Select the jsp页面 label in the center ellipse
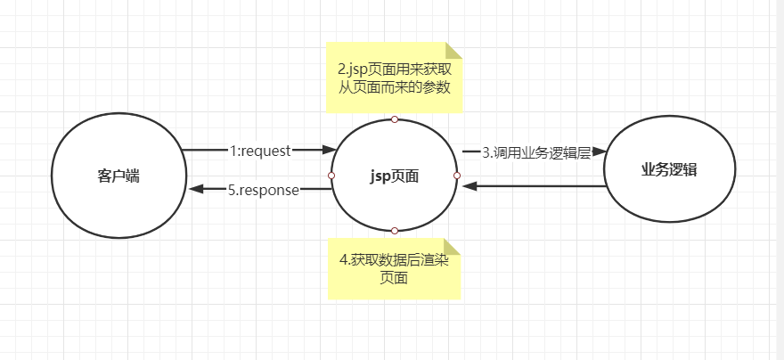394,176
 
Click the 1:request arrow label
260,151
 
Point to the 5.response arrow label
263,189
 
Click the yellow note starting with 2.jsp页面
395,78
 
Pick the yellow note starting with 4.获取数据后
395,268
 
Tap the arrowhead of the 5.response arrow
195,189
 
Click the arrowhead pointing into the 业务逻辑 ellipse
598,152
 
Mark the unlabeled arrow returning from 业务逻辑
535,186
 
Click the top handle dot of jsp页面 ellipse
395,119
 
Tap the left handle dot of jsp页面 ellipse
331,176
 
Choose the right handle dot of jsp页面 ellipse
457,176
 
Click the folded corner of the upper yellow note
454,51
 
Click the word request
267,151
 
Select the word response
269,189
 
